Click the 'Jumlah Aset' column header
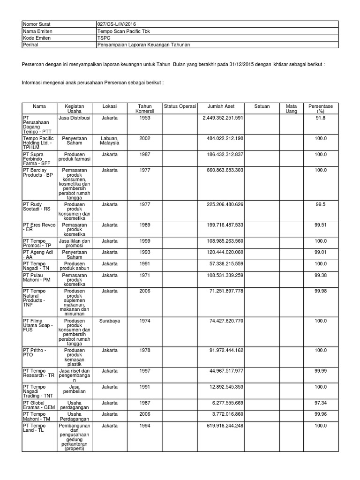(221, 106)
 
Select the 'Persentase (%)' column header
(321, 109)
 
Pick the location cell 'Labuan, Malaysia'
(109, 141)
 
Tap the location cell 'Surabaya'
(109, 321)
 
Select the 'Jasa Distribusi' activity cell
(74, 118)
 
